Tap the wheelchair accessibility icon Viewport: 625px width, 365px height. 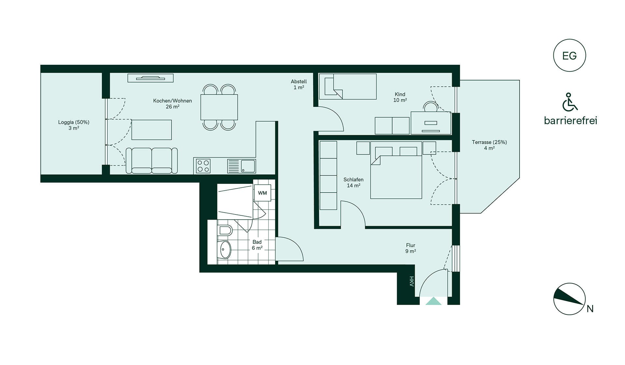pos(570,102)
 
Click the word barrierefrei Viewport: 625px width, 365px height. pos(571,121)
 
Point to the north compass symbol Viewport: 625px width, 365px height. pos(569,299)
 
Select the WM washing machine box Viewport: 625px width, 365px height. pos(262,193)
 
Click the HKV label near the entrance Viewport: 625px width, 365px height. pos(411,281)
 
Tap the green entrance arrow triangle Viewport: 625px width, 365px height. pos(434,301)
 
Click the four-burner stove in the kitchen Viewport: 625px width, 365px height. pos(203,166)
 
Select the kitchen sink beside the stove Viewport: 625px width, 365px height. pos(242,166)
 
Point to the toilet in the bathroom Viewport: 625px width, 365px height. pos(225,231)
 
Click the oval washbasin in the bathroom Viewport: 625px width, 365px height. pos(225,250)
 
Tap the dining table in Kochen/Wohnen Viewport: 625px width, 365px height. pos(219,107)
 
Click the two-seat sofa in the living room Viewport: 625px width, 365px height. pos(152,161)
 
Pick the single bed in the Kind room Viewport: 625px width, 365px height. pos(348,86)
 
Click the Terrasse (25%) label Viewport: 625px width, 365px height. pos(489,145)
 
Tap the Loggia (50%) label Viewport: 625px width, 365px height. pos(74,125)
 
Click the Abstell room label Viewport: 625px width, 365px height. pos(299,84)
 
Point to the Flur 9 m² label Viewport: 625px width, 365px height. pos(410,248)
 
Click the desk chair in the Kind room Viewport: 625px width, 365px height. pos(430,107)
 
